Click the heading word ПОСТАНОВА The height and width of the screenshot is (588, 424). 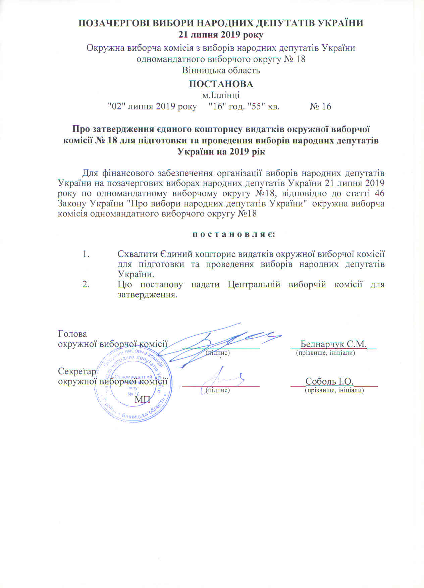point(221,84)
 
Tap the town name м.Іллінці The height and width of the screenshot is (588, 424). point(221,95)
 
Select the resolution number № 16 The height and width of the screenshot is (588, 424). point(320,106)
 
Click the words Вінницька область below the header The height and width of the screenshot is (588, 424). point(221,70)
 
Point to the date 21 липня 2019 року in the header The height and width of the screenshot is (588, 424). point(221,35)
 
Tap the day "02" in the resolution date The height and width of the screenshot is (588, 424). point(114,106)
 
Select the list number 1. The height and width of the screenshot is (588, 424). point(86,254)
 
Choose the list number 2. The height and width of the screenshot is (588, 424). point(86,285)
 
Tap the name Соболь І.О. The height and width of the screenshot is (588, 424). point(329,382)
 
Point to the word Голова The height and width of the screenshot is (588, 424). point(72,334)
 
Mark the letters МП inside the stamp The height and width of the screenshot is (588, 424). point(143,400)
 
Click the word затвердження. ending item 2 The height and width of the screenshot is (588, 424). point(147,295)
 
